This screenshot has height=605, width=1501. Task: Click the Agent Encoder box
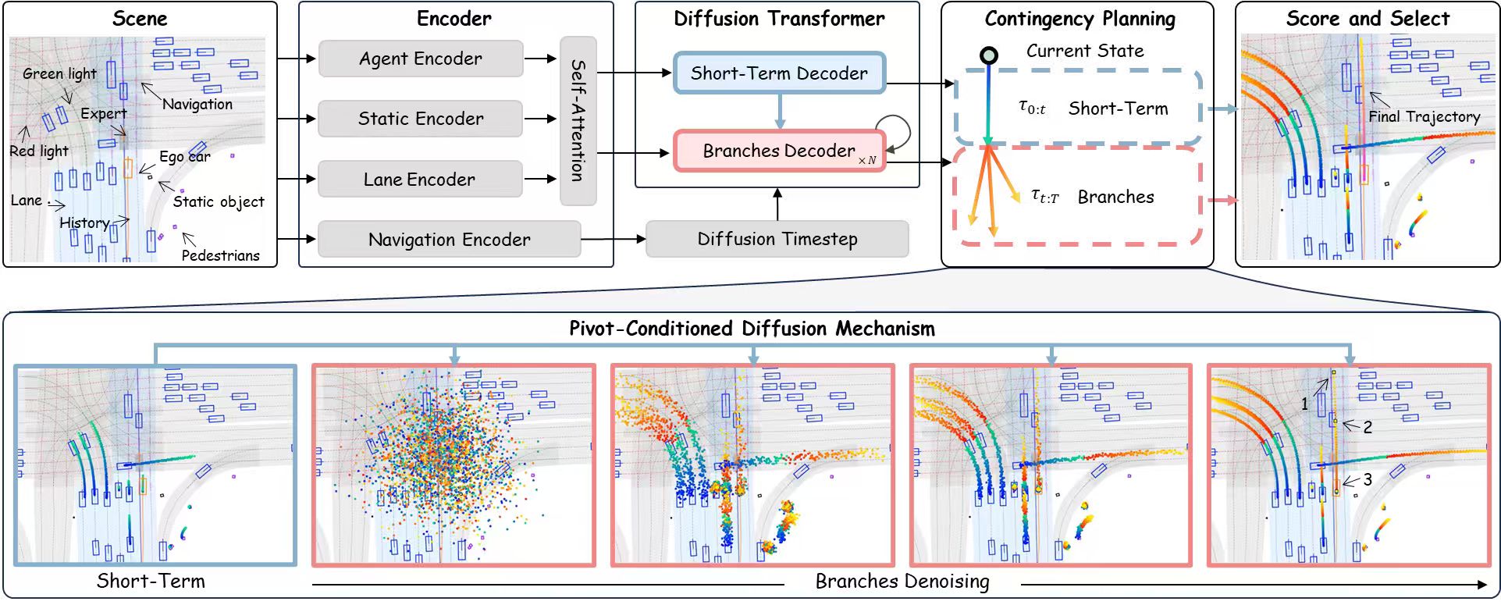click(x=421, y=59)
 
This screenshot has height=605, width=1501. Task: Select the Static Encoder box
click(x=421, y=119)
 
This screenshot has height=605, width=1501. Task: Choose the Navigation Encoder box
click(x=449, y=240)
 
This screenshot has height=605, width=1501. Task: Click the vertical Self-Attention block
click(x=578, y=120)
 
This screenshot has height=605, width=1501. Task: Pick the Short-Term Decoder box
click(x=779, y=73)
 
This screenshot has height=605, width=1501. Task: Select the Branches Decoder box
click(x=779, y=151)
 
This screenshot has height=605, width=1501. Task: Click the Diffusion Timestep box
click(x=777, y=239)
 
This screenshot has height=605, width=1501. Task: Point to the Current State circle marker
click(x=989, y=55)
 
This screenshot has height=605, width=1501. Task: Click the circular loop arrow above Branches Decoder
click(x=894, y=130)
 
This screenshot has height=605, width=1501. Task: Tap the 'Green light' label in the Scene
click(x=59, y=74)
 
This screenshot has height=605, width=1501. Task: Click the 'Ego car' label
click(x=185, y=157)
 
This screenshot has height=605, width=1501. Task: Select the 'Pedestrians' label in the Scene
click(x=220, y=255)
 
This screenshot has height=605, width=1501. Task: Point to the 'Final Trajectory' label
click(x=1424, y=117)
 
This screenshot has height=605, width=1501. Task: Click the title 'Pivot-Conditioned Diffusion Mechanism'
click(x=752, y=329)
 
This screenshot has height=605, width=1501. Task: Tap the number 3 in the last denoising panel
click(x=1368, y=480)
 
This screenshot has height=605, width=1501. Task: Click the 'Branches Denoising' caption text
click(x=902, y=582)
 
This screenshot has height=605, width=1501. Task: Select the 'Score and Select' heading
click(x=1368, y=19)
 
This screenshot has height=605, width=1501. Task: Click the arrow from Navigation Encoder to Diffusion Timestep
click(x=614, y=239)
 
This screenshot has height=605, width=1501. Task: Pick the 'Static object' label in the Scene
click(x=219, y=202)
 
